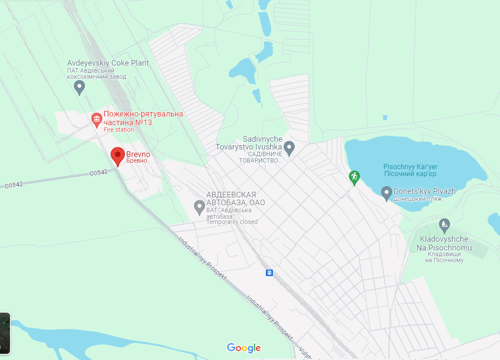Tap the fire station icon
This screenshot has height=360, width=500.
click(96, 118)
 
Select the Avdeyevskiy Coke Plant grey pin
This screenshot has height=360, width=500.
click(79, 87)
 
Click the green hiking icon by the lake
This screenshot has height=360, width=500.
click(355, 177)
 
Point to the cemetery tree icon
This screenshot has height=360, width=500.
click(444, 224)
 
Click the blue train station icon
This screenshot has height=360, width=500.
click(269, 273)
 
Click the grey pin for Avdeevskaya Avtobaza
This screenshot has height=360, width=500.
click(199, 207)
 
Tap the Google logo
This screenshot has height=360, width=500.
click(244, 348)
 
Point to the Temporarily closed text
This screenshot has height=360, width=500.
click(232, 222)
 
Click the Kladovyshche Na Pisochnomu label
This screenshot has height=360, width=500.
click(444, 243)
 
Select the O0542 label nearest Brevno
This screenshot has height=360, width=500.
click(98, 173)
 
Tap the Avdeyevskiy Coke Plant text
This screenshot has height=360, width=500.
click(108, 63)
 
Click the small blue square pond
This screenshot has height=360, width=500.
click(385, 117)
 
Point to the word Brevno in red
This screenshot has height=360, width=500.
click(138, 154)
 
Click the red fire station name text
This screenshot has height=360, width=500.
click(143, 118)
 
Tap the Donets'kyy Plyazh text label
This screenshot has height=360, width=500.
click(424, 191)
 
